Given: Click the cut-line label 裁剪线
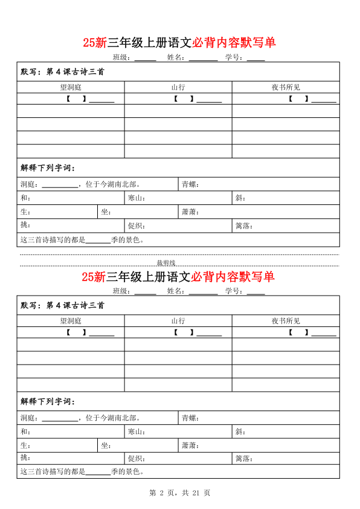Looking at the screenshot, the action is pyautogui.click(x=166, y=263).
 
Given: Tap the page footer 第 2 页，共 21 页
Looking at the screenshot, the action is pyautogui.click(x=179, y=493).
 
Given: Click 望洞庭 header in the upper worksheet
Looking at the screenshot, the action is pyautogui.click(x=70, y=87).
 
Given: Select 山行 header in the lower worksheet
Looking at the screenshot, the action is pyautogui.click(x=178, y=321).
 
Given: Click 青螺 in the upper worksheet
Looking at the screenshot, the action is pyautogui.click(x=190, y=184).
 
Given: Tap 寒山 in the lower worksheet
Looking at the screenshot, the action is pyautogui.click(x=136, y=432).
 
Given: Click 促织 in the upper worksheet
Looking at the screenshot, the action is pyautogui.click(x=136, y=226).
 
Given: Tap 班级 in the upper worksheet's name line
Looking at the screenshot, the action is pyautogui.click(x=121, y=57).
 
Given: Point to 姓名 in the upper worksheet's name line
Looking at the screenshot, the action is pyautogui.click(x=175, y=57).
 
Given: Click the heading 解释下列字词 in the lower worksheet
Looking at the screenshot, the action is pyautogui.click(x=48, y=401).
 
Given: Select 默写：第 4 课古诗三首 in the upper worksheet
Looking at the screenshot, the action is pyautogui.click(x=62, y=71).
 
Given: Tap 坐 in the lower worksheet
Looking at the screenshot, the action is pyautogui.click(x=105, y=446).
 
